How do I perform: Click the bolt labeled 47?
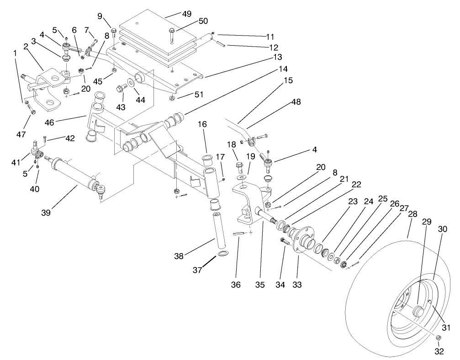coord(32,110)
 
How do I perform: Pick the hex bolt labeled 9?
coord(114,24)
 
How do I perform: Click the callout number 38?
coord(179,256)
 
